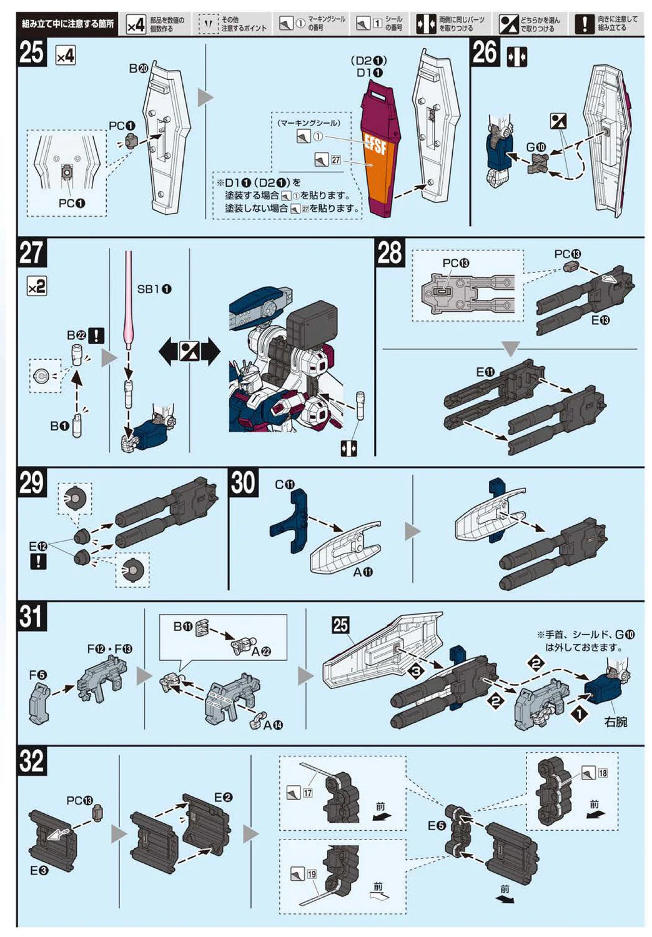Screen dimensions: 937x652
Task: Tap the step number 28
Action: click(x=390, y=254)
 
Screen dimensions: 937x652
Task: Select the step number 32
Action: click(x=32, y=761)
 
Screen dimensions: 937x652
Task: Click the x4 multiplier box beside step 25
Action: click(x=66, y=56)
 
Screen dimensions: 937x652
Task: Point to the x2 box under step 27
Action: click(x=37, y=286)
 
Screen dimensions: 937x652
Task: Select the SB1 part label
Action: click(x=154, y=289)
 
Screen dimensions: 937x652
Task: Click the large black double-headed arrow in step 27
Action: click(x=189, y=352)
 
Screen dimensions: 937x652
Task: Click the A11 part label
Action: click(x=362, y=572)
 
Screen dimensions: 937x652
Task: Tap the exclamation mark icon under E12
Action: click(x=38, y=561)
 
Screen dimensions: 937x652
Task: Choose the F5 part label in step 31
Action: click(x=37, y=675)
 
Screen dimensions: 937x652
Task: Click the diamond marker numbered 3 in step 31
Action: click(x=416, y=672)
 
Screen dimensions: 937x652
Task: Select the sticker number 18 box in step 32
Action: click(x=602, y=773)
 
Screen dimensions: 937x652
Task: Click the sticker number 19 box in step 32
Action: click(x=311, y=874)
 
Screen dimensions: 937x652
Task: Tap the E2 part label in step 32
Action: click(x=222, y=797)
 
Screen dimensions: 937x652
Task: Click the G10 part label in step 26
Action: click(x=535, y=147)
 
